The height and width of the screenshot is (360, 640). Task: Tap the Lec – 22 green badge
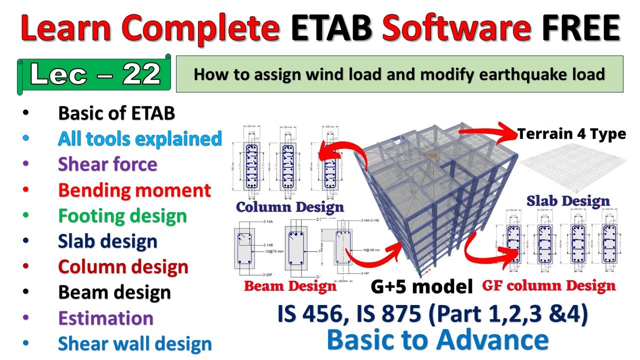click(95, 75)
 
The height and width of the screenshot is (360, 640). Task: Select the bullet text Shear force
click(107, 164)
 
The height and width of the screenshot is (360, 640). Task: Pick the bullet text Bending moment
click(134, 190)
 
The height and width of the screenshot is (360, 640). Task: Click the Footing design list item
click(122, 216)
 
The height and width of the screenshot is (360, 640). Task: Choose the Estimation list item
click(105, 318)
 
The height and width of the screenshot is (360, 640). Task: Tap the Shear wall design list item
click(135, 344)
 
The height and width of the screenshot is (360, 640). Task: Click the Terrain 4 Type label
click(571, 134)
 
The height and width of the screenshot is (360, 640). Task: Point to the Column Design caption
click(290, 207)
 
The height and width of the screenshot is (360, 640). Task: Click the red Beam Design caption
click(290, 286)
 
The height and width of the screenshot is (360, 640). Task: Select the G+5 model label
click(422, 286)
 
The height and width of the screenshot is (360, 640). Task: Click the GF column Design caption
click(548, 286)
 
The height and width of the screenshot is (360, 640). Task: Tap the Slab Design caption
click(568, 201)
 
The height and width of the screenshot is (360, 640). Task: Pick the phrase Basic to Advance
click(437, 340)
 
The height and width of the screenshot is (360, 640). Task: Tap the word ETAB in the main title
click(331, 28)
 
